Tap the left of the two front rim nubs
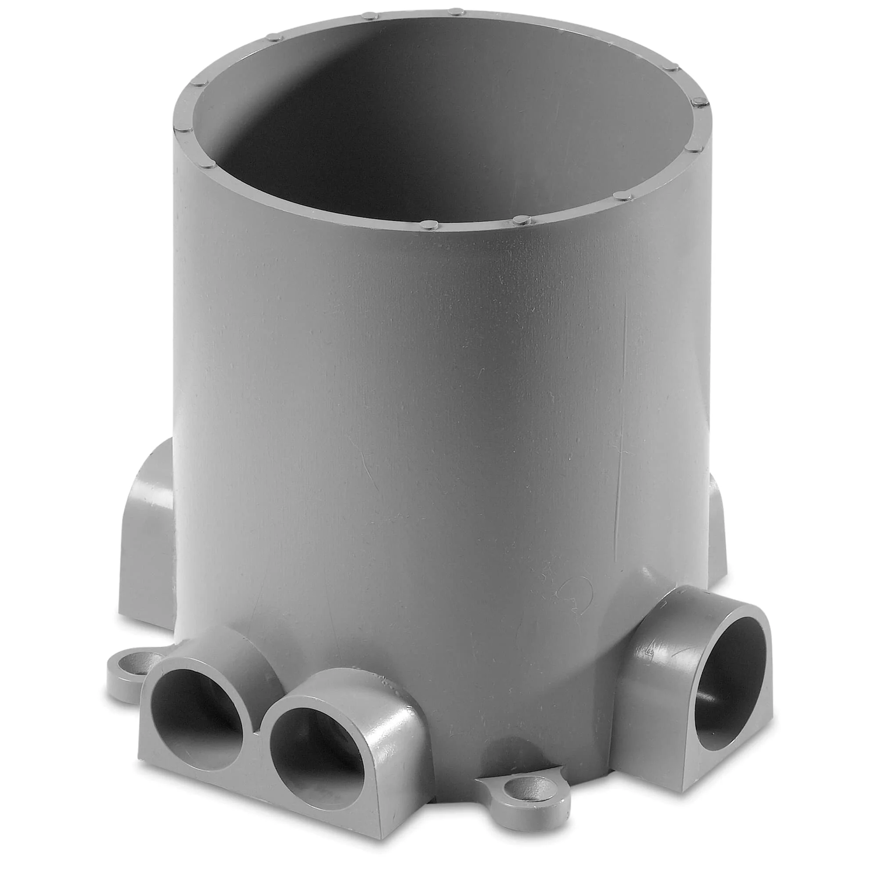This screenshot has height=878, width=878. [428, 224]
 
